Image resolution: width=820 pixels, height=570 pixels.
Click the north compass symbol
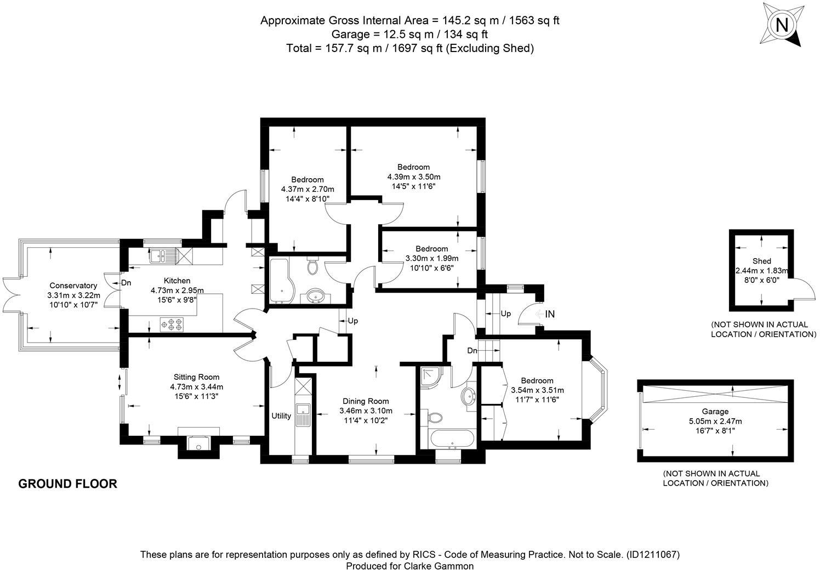pyautogui.click(x=782, y=25)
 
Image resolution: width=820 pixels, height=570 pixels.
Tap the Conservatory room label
pyautogui.click(x=73, y=286)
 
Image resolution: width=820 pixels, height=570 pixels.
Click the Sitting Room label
pyautogui.click(x=196, y=377)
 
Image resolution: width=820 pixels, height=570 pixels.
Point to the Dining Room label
pyautogui.click(x=366, y=401)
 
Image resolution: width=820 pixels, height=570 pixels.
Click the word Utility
pyautogui.click(x=281, y=416)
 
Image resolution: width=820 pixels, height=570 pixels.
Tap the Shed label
pyautogui.click(x=761, y=261)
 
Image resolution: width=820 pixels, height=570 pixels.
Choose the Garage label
pyautogui.click(x=715, y=412)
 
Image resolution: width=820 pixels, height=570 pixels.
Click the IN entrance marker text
pyautogui.click(x=550, y=314)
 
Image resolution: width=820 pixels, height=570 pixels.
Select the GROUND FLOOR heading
pyautogui.click(x=68, y=484)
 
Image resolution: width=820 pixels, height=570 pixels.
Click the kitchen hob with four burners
pyautogui.click(x=171, y=324)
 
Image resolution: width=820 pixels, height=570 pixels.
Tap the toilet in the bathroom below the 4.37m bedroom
pyautogui.click(x=313, y=267)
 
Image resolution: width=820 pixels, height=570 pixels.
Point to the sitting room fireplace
pyautogui.click(x=198, y=442)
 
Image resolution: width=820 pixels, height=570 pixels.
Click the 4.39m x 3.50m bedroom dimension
pyautogui.click(x=413, y=177)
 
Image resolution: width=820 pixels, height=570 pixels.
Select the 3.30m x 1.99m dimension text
pyautogui.click(x=431, y=259)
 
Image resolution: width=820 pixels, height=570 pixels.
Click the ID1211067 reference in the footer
pyautogui.click(x=653, y=555)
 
